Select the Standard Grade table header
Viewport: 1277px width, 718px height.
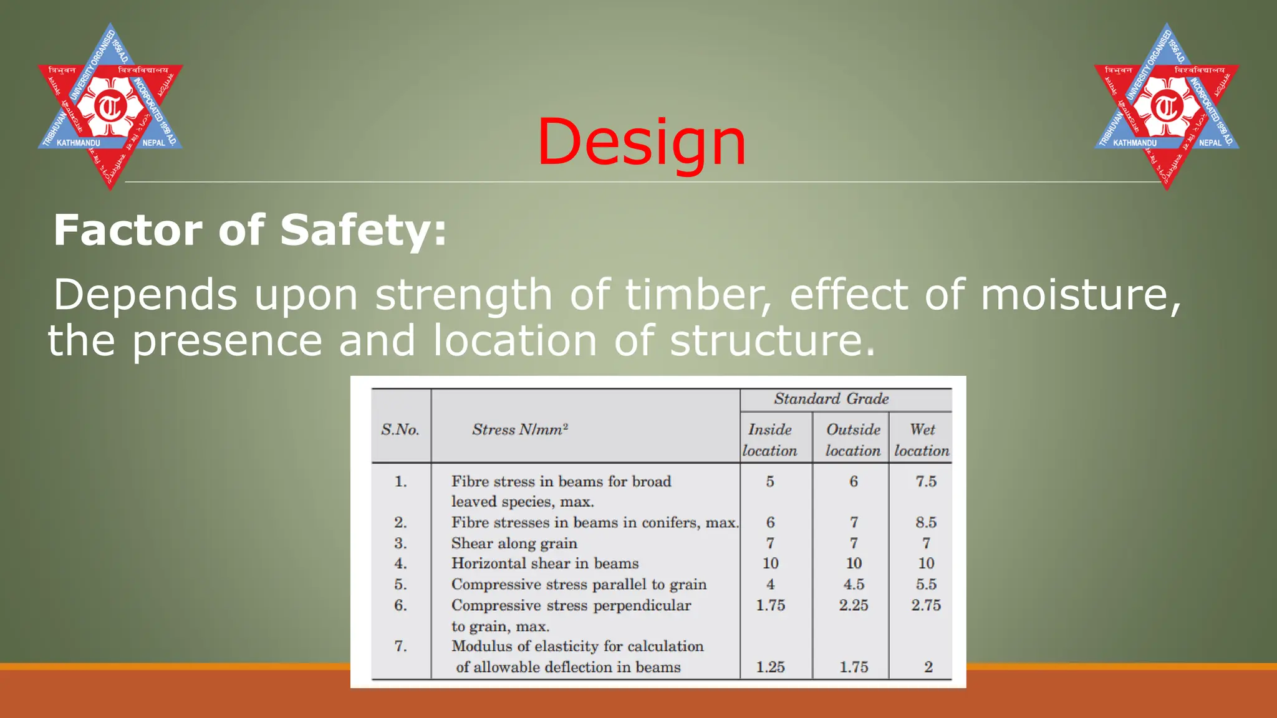831,399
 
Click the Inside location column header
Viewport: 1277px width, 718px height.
769,439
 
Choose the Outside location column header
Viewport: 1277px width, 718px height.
852,439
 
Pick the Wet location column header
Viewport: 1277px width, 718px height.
922,439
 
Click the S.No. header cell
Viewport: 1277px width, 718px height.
400,429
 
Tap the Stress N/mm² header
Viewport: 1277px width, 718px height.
519,429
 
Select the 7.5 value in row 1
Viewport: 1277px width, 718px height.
926,481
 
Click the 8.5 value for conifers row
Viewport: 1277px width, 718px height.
926,522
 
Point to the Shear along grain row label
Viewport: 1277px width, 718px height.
514,543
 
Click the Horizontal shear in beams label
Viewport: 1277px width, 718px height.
544,563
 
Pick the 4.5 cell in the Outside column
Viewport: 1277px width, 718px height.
853,584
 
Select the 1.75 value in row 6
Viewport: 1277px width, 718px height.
770,605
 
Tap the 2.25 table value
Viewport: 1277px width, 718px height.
853,605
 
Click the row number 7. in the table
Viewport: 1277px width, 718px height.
400,646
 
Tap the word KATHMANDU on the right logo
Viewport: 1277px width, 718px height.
1135,143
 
